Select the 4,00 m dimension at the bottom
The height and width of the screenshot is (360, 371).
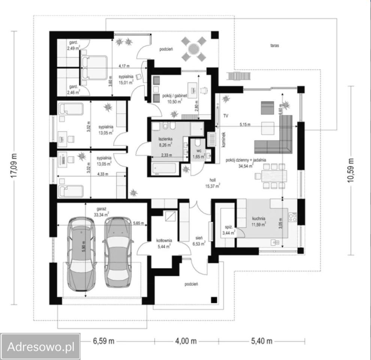tap(186, 341)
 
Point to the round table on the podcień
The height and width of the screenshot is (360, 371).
tap(193, 49)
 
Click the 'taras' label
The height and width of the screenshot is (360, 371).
tap(274, 45)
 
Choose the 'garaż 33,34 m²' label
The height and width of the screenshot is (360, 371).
tap(102, 212)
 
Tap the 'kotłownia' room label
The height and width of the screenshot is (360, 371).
tap(164, 240)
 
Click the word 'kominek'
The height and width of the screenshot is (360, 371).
tap(224, 139)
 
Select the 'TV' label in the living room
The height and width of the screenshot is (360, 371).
tap(226, 116)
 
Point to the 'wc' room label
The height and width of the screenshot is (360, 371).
tap(199, 151)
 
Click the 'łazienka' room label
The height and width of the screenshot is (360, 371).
tap(165, 139)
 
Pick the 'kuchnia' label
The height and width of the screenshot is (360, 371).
tap(259, 218)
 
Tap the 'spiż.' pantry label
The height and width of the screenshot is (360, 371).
tap(229, 227)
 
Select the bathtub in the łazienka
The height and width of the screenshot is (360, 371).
tap(164, 168)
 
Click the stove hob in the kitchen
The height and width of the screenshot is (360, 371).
tap(292, 217)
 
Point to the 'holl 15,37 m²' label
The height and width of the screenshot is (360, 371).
tap(213, 183)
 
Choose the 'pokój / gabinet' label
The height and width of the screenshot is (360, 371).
tap(175, 96)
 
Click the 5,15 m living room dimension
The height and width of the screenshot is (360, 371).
tap(245, 124)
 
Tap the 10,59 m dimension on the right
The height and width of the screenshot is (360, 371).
tap(351, 170)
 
